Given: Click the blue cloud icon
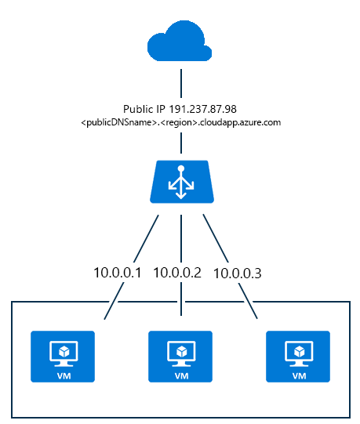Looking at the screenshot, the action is click(x=180, y=41).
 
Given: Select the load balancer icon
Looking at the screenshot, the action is click(x=182, y=182).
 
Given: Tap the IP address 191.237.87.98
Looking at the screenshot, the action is click(x=202, y=109).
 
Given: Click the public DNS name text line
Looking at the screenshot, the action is click(x=181, y=122).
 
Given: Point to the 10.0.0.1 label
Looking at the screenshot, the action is click(x=117, y=273).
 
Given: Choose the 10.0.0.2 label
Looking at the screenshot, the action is click(x=177, y=273).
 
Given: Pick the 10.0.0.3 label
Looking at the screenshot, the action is click(x=238, y=273).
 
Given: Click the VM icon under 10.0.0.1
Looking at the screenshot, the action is click(x=63, y=357).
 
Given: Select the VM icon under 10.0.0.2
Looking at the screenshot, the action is click(x=180, y=357).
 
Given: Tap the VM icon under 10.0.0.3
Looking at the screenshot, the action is click(x=298, y=357).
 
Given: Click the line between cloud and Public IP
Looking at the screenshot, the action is click(x=181, y=83).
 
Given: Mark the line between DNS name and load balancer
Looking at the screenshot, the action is click(x=181, y=143).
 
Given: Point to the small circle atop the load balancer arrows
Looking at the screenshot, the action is click(x=181, y=169).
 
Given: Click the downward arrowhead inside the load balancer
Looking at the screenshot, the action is click(x=181, y=196).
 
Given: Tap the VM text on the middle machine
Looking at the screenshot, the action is click(x=182, y=376).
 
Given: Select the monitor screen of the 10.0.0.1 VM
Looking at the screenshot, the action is click(x=64, y=351).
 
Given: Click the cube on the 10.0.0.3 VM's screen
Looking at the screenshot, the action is click(x=300, y=352).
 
